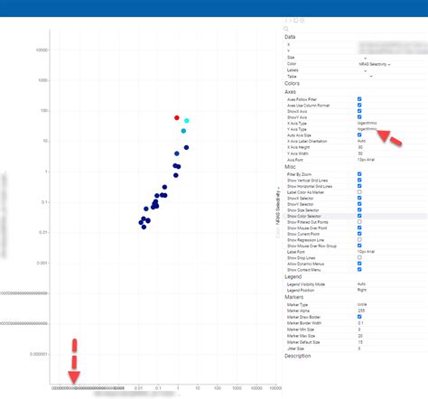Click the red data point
tap(177, 118)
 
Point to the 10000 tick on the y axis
tap(41, 50)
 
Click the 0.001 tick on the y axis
tap(41, 263)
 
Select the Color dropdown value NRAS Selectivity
tap(372, 65)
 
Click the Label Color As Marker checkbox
tap(359, 192)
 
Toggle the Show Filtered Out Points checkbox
tap(359, 222)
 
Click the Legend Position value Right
tap(362, 290)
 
